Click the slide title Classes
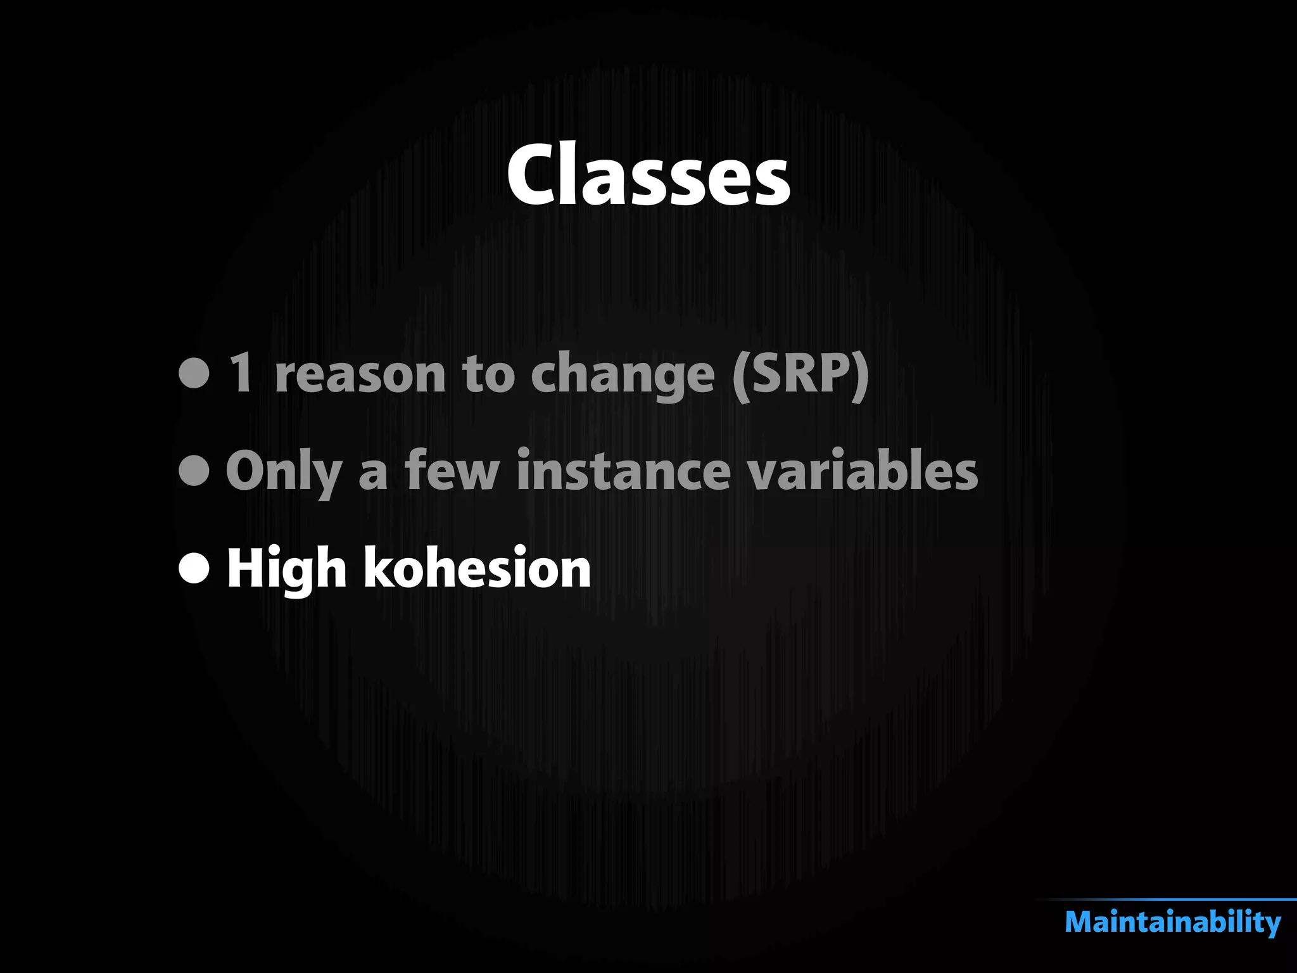click(x=648, y=175)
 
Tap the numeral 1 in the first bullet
click(x=241, y=374)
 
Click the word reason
click(x=360, y=375)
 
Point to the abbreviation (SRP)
click(x=800, y=375)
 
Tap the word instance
click(x=624, y=470)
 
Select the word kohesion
click(x=477, y=568)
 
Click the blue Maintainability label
click(x=1173, y=922)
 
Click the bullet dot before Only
click(x=194, y=470)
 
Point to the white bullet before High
click(x=194, y=568)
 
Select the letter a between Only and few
click(x=373, y=474)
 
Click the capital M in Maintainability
click(x=1082, y=922)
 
